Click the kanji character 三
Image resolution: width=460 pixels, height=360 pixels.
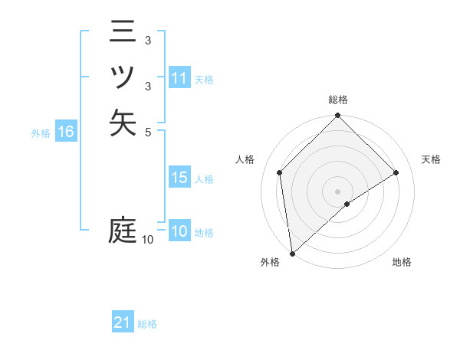point(123,32)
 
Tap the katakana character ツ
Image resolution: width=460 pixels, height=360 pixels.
point(123,77)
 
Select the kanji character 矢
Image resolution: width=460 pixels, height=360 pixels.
point(123,123)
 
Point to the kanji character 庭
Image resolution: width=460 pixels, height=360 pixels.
point(123,230)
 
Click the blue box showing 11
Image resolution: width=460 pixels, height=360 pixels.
point(179,78)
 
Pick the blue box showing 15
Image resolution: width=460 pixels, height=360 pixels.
point(179,178)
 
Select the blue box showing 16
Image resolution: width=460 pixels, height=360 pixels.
point(66,132)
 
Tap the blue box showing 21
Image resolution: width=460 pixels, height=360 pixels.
point(123,322)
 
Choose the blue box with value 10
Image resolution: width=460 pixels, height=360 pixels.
point(179,231)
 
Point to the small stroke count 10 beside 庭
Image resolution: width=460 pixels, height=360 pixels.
point(148,240)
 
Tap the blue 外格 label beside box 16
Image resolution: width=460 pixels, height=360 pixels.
point(41,133)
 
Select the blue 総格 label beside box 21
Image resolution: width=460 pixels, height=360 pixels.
point(147,323)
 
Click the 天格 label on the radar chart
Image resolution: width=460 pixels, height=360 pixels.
point(431,159)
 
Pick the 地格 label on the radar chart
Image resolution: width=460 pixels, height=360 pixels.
point(402,262)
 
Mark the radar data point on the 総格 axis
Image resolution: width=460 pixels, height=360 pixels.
point(337,116)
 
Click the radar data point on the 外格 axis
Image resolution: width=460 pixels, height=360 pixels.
point(293,253)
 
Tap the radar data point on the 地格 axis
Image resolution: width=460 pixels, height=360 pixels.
point(347,204)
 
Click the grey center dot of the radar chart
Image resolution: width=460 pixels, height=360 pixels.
point(337,191)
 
